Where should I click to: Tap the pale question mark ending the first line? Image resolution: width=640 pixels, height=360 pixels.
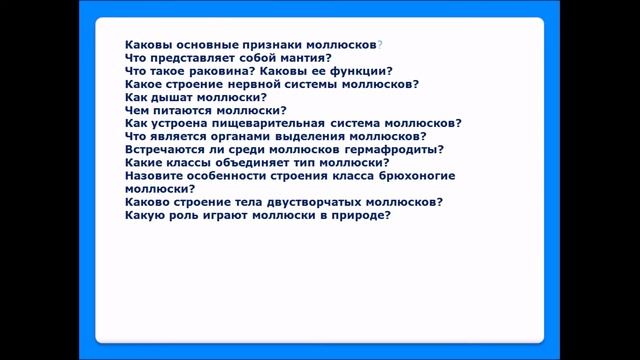click(x=381, y=45)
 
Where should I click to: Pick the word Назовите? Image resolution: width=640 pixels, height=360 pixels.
click(x=156, y=175)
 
